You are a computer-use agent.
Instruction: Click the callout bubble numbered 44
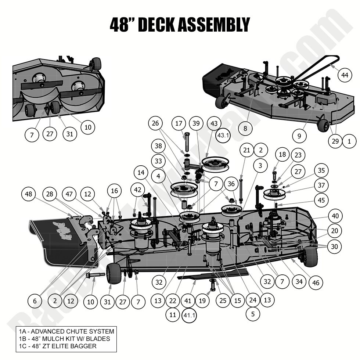tap(344, 75)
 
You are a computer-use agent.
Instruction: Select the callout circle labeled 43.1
tap(223, 135)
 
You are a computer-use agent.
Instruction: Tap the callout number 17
tap(179, 124)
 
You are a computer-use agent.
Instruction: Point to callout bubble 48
tap(30, 194)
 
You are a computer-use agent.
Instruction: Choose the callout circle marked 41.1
tap(190, 315)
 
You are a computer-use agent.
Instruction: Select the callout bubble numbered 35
tap(321, 170)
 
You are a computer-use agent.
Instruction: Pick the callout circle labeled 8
tap(245, 129)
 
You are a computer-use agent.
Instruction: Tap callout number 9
tap(299, 136)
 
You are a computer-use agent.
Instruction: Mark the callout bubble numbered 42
tap(138, 190)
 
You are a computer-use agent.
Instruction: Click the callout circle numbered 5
tap(253, 314)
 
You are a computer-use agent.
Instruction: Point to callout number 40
tap(335, 216)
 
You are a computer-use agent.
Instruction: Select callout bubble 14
tap(141, 172)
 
